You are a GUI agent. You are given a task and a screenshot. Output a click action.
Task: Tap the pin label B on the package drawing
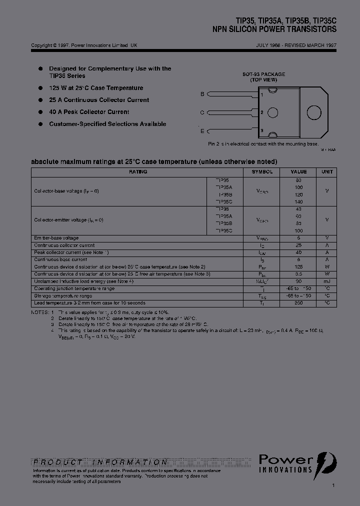[202, 94]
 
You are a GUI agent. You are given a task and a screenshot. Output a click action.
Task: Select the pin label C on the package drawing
[202, 113]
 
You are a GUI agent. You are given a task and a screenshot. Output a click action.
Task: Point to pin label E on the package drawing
[202, 131]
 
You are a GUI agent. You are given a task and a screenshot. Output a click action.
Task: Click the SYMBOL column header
[262, 171]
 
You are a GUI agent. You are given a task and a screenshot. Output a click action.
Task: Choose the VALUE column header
[299, 171]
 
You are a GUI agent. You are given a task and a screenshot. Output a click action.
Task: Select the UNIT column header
[327, 171]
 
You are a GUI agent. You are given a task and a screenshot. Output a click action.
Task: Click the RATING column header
[138, 171]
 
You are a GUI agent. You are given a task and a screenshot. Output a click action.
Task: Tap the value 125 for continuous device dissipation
[299, 267]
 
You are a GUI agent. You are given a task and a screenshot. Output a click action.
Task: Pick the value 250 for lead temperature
[299, 303]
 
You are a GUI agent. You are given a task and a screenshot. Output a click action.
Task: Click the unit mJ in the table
[327, 281]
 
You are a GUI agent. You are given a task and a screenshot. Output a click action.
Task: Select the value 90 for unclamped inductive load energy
[299, 281]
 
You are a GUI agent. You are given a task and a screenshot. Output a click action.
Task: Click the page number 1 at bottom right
[333, 485]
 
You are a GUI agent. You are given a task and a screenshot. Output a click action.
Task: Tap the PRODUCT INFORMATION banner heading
[100, 462]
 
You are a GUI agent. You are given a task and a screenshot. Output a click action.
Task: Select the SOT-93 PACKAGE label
[263, 74]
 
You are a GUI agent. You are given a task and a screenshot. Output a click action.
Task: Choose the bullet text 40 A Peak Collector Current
[89, 112]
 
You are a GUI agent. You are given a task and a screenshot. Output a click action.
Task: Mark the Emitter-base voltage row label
[56, 238]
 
